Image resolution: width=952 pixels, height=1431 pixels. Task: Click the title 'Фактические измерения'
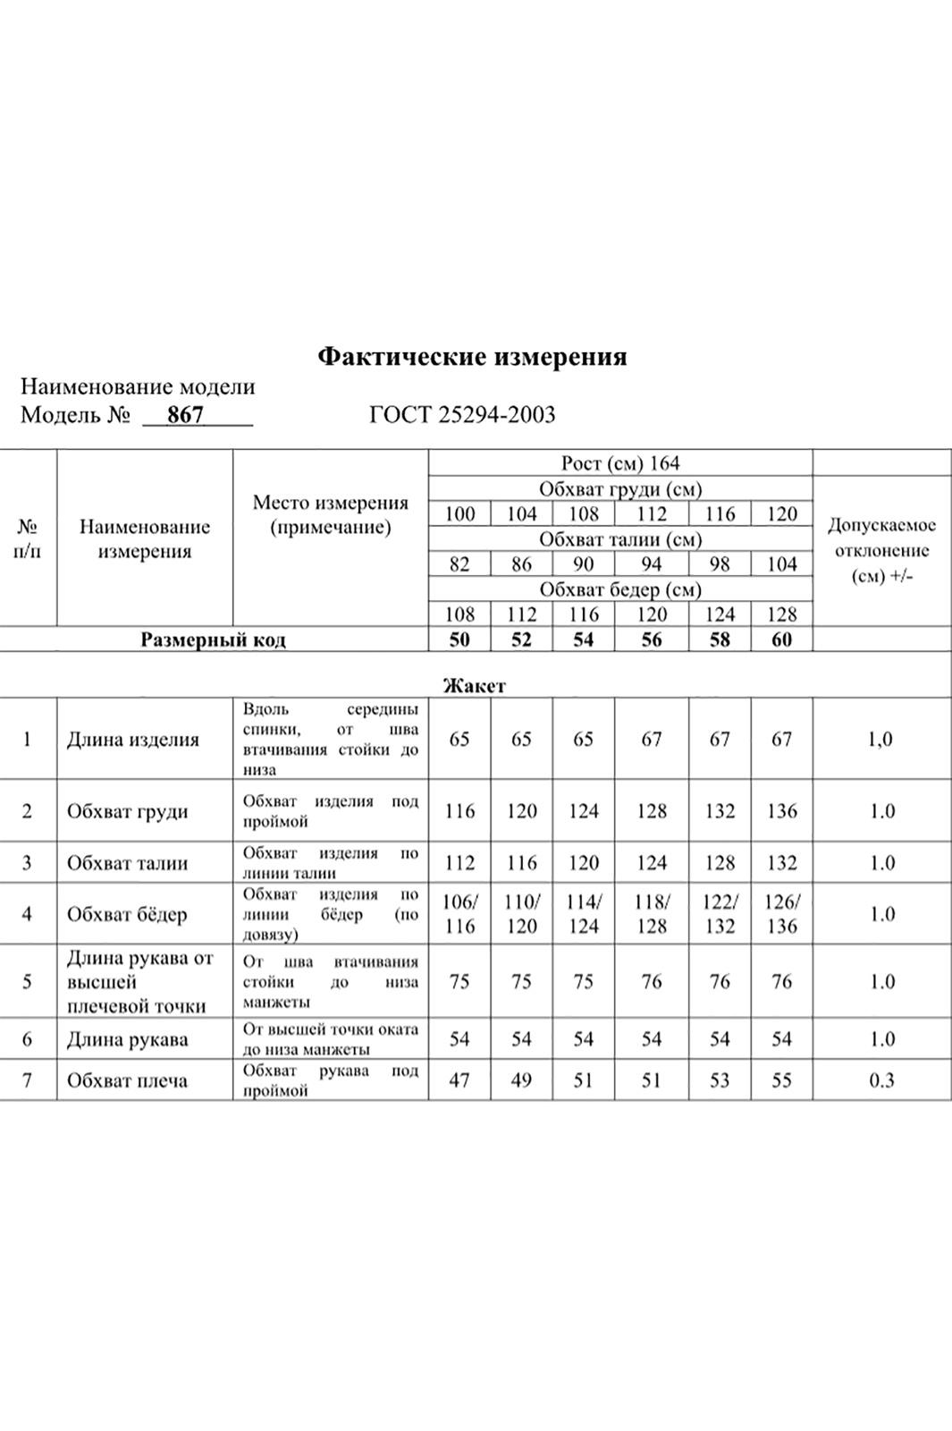pyautogui.click(x=472, y=358)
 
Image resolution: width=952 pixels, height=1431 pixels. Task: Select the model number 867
pyautogui.click(x=186, y=415)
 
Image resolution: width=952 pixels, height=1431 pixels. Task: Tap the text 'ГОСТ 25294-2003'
pyautogui.click(x=461, y=415)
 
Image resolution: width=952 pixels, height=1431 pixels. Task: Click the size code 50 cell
pyautogui.click(x=459, y=639)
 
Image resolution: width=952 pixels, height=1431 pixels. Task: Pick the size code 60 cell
pyautogui.click(x=781, y=639)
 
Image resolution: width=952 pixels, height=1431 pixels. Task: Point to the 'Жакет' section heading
pyautogui.click(x=474, y=686)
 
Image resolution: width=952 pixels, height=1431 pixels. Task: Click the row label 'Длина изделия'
pyautogui.click(x=133, y=740)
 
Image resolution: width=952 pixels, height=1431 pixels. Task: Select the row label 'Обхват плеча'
pyautogui.click(x=127, y=1080)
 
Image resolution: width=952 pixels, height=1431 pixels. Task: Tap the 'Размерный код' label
pyautogui.click(x=214, y=640)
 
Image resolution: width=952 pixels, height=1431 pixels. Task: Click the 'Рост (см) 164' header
pyautogui.click(x=620, y=463)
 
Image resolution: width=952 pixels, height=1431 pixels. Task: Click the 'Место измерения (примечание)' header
pyautogui.click(x=331, y=515)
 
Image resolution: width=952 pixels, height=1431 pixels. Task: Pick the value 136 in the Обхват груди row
pyautogui.click(x=781, y=811)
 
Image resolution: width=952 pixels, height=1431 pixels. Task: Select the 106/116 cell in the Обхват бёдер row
pyautogui.click(x=459, y=914)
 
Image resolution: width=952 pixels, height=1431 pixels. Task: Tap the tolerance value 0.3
pyautogui.click(x=881, y=1080)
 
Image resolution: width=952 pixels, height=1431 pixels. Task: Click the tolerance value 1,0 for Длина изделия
pyautogui.click(x=881, y=740)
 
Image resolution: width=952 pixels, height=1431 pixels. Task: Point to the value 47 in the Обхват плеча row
pyautogui.click(x=459, y=1080)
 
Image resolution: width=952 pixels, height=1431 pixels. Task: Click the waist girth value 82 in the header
pyautogui.click(x=459, y=564)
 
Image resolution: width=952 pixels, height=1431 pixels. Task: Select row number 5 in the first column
pyautogui.click(x=27, y=981)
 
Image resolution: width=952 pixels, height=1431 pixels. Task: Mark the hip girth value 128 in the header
pyautogui.click(x=781, y=614)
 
